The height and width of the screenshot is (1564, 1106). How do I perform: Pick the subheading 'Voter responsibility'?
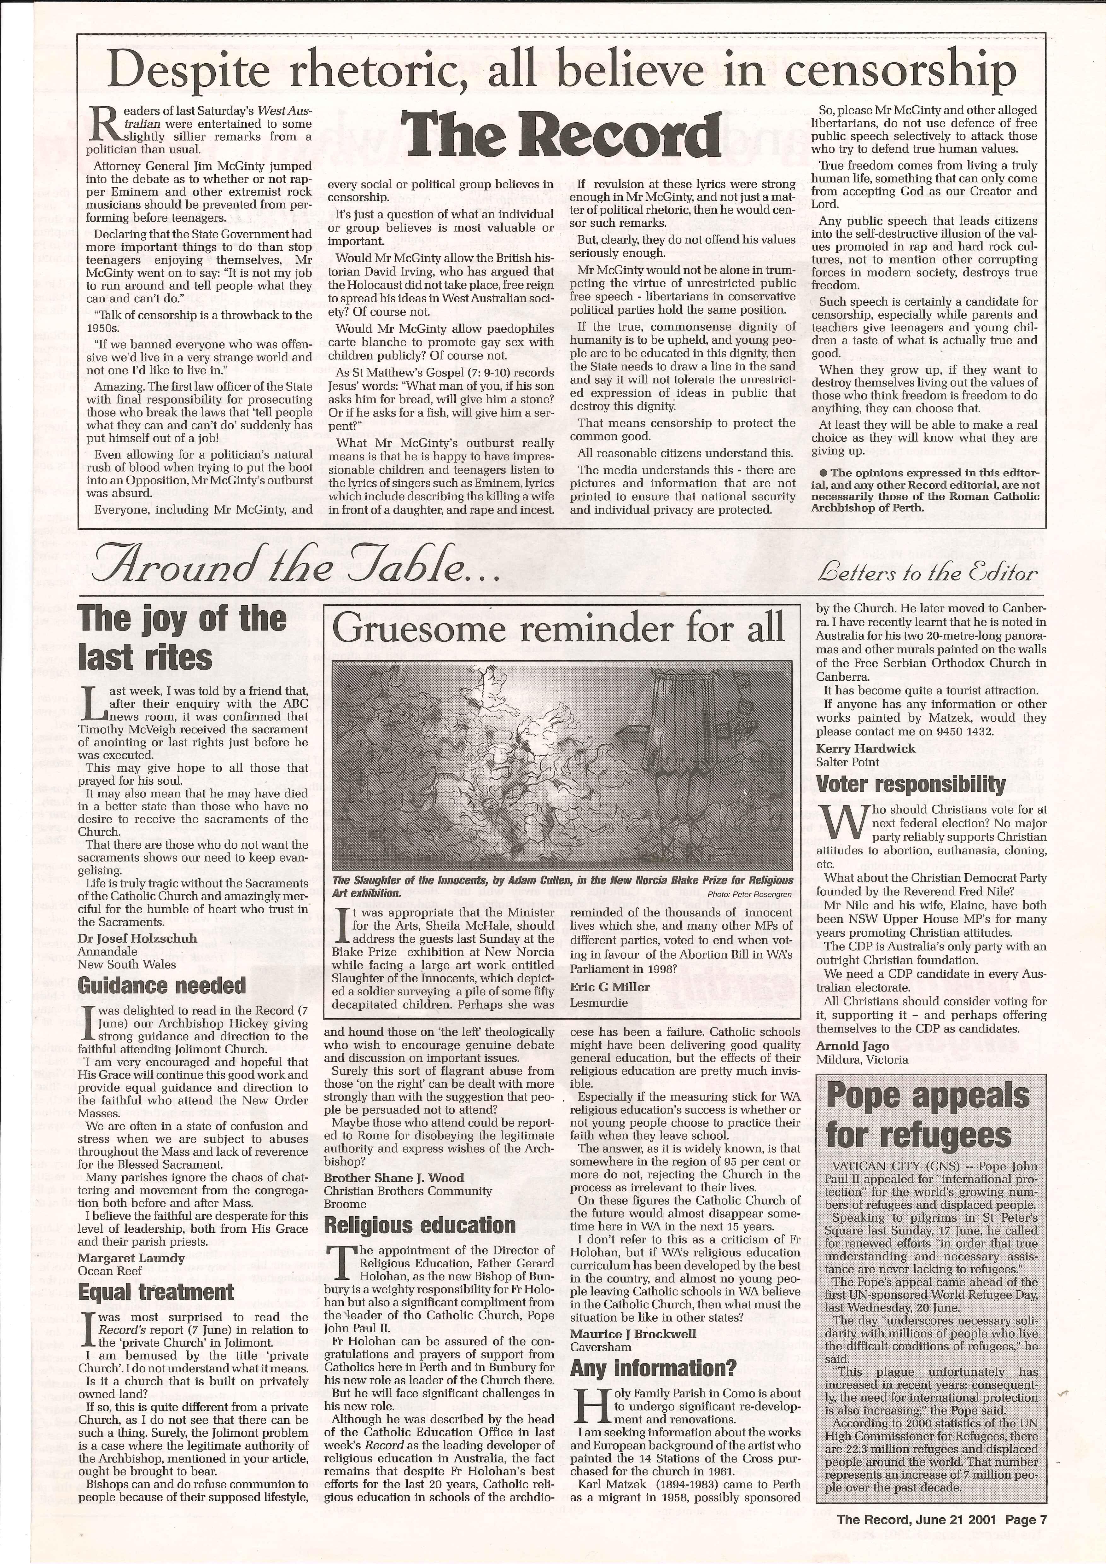coord(911,784)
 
